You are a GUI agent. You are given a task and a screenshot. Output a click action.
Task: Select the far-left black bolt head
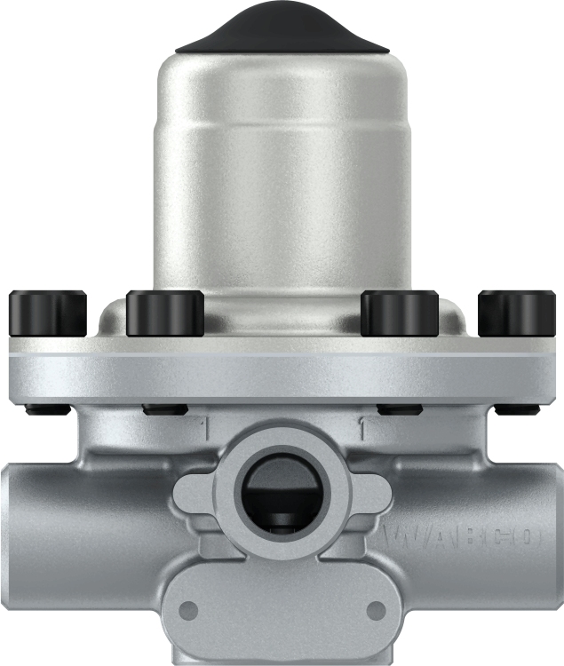pos(46,314)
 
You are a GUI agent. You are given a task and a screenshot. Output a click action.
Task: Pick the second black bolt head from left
pos(165,314)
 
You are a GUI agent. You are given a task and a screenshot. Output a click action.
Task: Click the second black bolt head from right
pos(399,314)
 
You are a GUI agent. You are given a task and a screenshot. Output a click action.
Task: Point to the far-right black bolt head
pos(516,314)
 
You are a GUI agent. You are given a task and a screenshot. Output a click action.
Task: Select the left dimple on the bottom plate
pos(188,610)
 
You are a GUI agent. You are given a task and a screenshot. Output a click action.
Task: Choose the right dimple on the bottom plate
pos(376,610)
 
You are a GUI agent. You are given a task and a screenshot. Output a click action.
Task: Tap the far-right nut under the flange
pos(517,409)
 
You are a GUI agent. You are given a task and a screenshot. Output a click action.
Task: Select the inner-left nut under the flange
pos(164,409)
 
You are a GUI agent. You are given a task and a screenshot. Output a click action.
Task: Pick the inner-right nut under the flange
pos(399,409)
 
